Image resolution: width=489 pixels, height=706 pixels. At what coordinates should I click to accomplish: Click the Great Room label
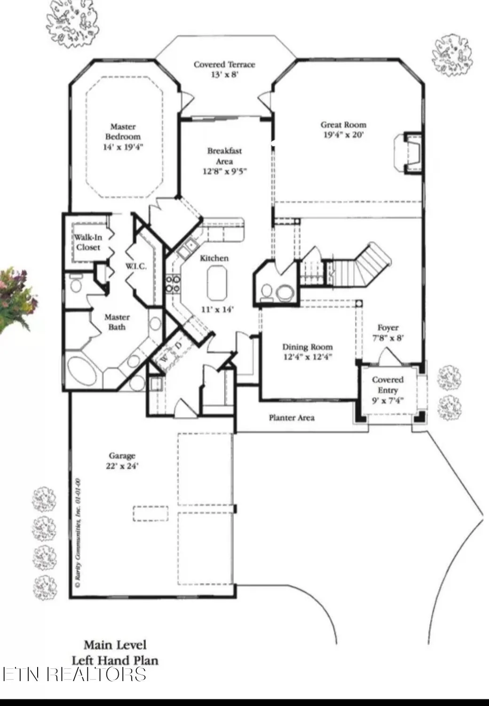pyautogui.click(x=343, y=125)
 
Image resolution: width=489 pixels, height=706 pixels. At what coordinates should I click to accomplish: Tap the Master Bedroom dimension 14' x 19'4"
pyautogui.click(x=123, y=147)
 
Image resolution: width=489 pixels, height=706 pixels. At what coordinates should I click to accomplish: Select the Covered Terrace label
pyautogui.click(x=224, y=64)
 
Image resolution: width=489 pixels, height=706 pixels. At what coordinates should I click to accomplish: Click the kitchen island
pyautogui.click(x=217, y=282)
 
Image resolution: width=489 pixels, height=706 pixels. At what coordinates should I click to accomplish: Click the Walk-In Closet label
pyautogui.click(x=88, y=242)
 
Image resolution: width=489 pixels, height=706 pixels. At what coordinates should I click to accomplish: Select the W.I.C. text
pyautogui.click(x=136, y=266)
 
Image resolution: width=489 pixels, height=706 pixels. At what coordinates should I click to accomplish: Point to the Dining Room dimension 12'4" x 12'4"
pyautogui.click(x=308, y=357)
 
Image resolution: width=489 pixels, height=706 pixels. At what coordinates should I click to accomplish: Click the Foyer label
pyautogui.click(x=388, y=328)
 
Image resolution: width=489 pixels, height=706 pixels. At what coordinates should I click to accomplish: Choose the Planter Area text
pyautogui.click(x=292, y=417)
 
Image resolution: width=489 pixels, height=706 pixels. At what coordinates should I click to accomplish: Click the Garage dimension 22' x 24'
pyautogui.click(x=122, y=466)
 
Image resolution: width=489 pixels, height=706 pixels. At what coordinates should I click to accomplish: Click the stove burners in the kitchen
pyautogui.click(x=172, y=284)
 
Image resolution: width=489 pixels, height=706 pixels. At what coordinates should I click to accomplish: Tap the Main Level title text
pyautogui.click(x=115, y=644)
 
